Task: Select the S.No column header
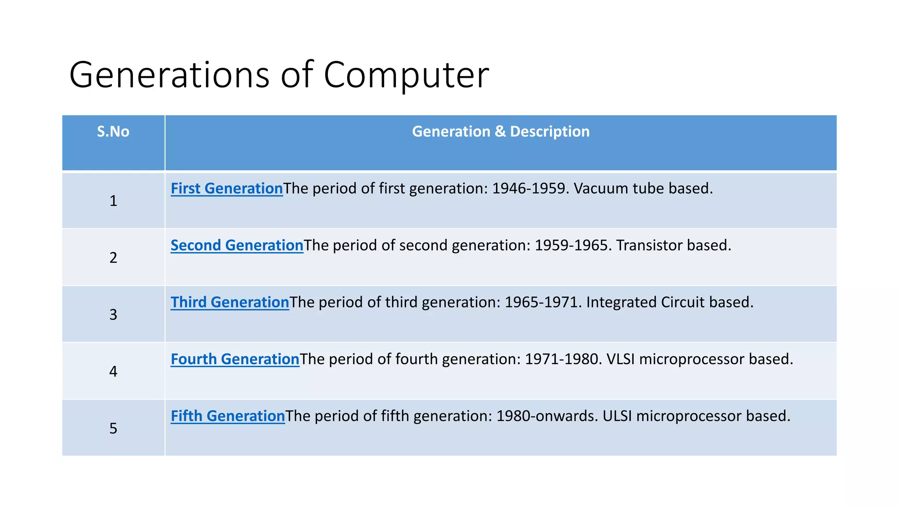[113, 132]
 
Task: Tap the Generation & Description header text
[500, 132]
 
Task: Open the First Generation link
[227, 188]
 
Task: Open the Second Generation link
[237, 246]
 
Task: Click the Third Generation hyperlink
[230, 302]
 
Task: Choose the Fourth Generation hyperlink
[235, 359]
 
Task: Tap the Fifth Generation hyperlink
[228, 416]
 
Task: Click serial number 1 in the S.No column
[113, 201]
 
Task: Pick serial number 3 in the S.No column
[113, 314]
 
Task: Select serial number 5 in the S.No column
[113, 428]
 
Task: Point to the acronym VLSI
[620, 359]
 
